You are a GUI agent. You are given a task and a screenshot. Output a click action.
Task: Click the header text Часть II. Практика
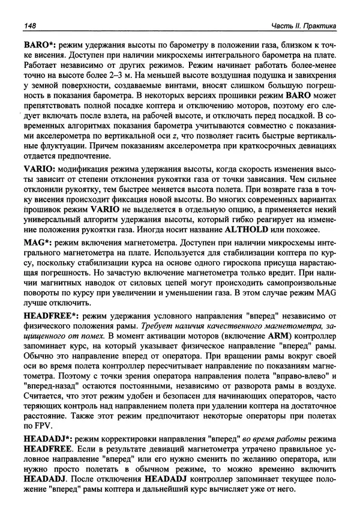pyautogui.click(x=303, y=26)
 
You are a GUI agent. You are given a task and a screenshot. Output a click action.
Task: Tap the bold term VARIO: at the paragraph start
pyautogui.click(x=41, y=170)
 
